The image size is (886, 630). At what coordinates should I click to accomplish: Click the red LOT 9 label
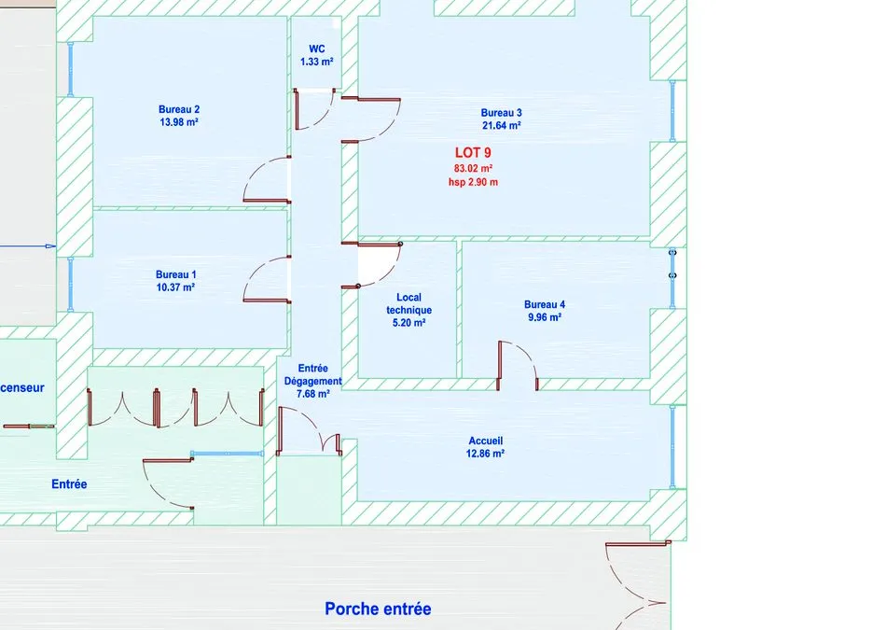tap(473, 153)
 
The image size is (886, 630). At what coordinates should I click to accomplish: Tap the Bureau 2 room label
tap(179, 110)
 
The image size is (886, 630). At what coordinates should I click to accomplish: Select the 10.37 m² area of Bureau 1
tap(175, 287)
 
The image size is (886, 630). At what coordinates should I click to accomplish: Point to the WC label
tap(317, 49)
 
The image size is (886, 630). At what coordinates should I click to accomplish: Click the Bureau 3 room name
tap(501, 113)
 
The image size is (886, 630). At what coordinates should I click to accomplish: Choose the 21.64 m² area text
tap(501, 126)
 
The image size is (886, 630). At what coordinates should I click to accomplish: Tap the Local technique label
tap(409, 303)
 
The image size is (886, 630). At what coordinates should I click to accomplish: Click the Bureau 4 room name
tap(545, 305)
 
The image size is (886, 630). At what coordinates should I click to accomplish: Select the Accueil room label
tap(485, 441)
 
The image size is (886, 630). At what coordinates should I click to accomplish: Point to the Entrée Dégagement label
tap(313, 374)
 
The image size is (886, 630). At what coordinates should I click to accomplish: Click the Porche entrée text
tap(378, 609)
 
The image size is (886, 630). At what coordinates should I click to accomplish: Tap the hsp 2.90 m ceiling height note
tap(474, 182)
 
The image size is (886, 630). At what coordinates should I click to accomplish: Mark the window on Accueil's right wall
tap(672, 446)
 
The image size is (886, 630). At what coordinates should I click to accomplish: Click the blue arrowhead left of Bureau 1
tap(51, 246)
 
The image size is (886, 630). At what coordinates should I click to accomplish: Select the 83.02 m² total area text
tap(473, 169)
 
